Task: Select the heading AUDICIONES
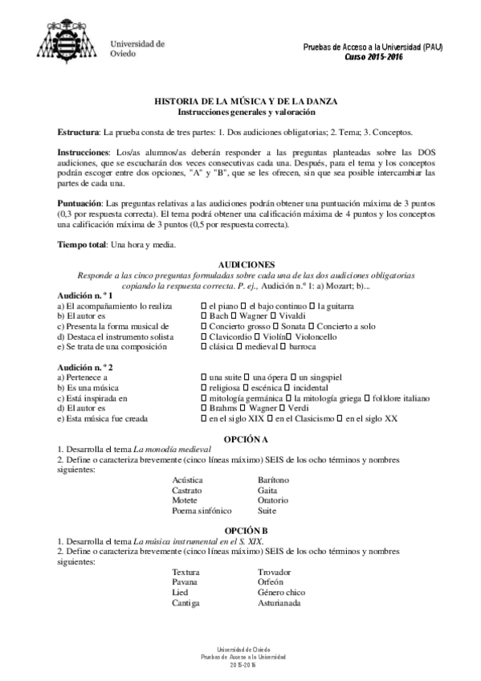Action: [246, 265]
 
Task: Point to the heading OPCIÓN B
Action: [246, 532]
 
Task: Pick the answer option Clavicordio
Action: [232, 337]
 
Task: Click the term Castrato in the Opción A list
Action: [186, 489]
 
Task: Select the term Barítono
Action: [274, 479]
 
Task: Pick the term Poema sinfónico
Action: [202, 510]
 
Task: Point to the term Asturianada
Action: [279, 603]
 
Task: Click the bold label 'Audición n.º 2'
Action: [84, 365]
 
